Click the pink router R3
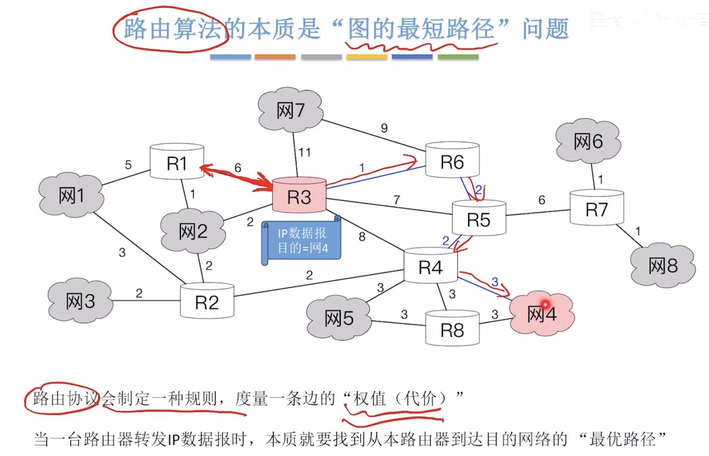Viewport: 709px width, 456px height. click(299, 196)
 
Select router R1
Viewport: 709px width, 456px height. click(177, 163)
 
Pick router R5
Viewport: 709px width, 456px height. click(478, 219)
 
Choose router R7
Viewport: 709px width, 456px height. click(596, 209)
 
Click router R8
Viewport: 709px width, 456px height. click(452, 330)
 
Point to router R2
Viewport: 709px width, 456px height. click(207, 302)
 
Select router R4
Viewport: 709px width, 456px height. click(430, 267)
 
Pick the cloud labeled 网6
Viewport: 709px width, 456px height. click(588, 141)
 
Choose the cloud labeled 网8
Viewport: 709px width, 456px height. click(662, 266)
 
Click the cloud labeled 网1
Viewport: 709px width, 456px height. click(71, 196)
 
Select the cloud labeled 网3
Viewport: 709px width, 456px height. click(80, 301)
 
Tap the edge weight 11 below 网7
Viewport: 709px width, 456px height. click(304, 152)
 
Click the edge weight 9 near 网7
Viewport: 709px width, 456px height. click(384, 128)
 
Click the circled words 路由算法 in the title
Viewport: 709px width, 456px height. click(171, 29)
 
